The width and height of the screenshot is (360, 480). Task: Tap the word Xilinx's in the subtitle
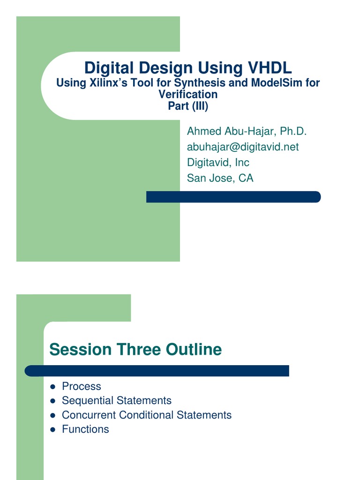108,82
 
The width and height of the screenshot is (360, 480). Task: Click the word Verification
188,94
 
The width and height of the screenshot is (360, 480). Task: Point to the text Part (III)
188,106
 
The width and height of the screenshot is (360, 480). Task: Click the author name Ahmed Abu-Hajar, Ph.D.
247,131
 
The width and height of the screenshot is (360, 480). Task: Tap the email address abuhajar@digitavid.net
243,147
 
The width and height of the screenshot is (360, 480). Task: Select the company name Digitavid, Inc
218,163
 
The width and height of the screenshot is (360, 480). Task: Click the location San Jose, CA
220,178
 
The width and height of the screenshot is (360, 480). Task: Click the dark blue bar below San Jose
233,197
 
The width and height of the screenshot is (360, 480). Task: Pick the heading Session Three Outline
135,349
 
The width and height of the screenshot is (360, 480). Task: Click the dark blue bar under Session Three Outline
157,371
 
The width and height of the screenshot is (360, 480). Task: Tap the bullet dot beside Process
52,387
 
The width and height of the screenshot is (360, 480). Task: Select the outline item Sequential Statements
117,400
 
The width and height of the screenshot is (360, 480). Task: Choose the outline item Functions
85,429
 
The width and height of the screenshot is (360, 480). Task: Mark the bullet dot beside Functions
52,430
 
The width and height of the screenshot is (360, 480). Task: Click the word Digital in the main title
109,68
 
